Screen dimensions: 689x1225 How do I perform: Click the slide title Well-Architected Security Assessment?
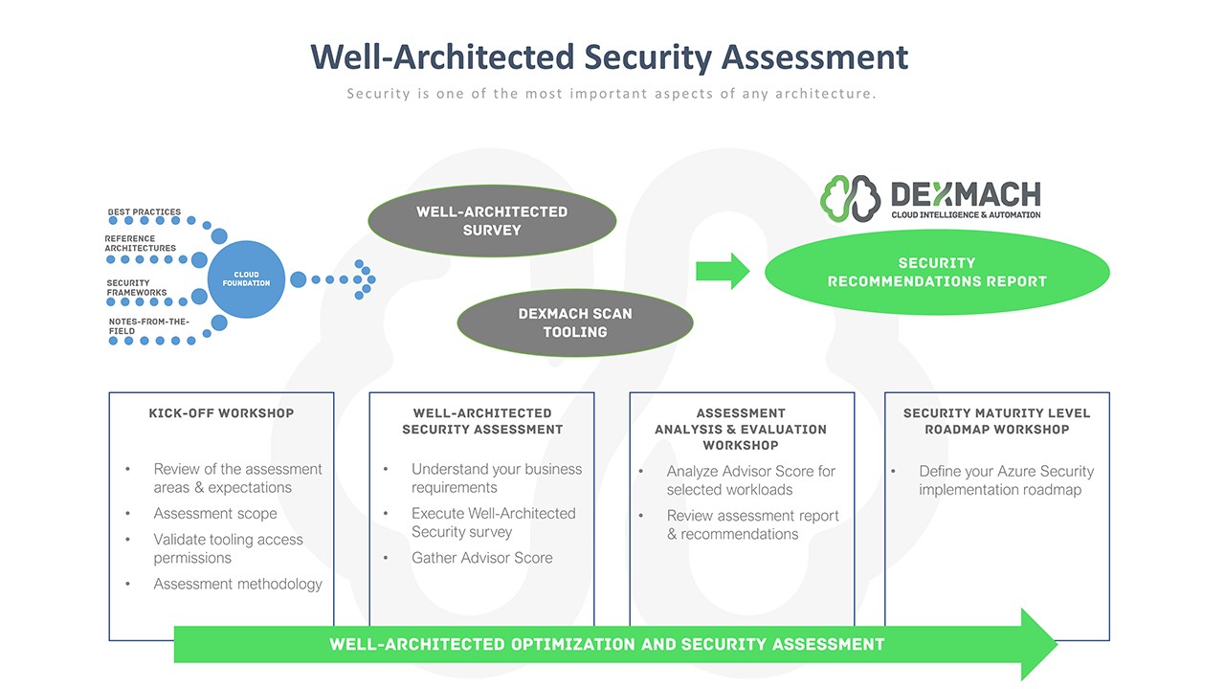pos(610,56)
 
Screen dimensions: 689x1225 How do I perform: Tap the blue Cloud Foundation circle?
pos(246,279)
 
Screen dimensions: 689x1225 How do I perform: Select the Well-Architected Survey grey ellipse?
pos(492,221)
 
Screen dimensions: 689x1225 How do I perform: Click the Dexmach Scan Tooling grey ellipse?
pos(574,322)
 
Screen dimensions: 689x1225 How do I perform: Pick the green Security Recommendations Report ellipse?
pos(937,273)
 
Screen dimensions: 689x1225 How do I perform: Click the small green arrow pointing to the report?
pos(723,271)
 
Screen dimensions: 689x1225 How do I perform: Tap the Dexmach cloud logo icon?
pos(851,198)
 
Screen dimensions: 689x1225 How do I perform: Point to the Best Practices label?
pos(145,212)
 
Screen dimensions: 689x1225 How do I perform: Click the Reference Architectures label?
pos(141,243)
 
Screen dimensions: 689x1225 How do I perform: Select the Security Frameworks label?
pos(137,287)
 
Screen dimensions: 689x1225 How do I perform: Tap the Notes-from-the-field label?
pos(148,326)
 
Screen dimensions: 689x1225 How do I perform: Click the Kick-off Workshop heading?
pos(221,413)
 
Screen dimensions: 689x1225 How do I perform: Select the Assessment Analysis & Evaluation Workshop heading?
pos(741,429)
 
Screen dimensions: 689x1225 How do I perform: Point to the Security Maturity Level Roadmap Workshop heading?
pos(996,421)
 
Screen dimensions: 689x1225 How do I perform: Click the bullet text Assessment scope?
pos(215,514)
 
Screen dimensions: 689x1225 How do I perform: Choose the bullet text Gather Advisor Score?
pos(481,558)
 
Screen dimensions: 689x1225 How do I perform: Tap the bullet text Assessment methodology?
pos(237,584)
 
